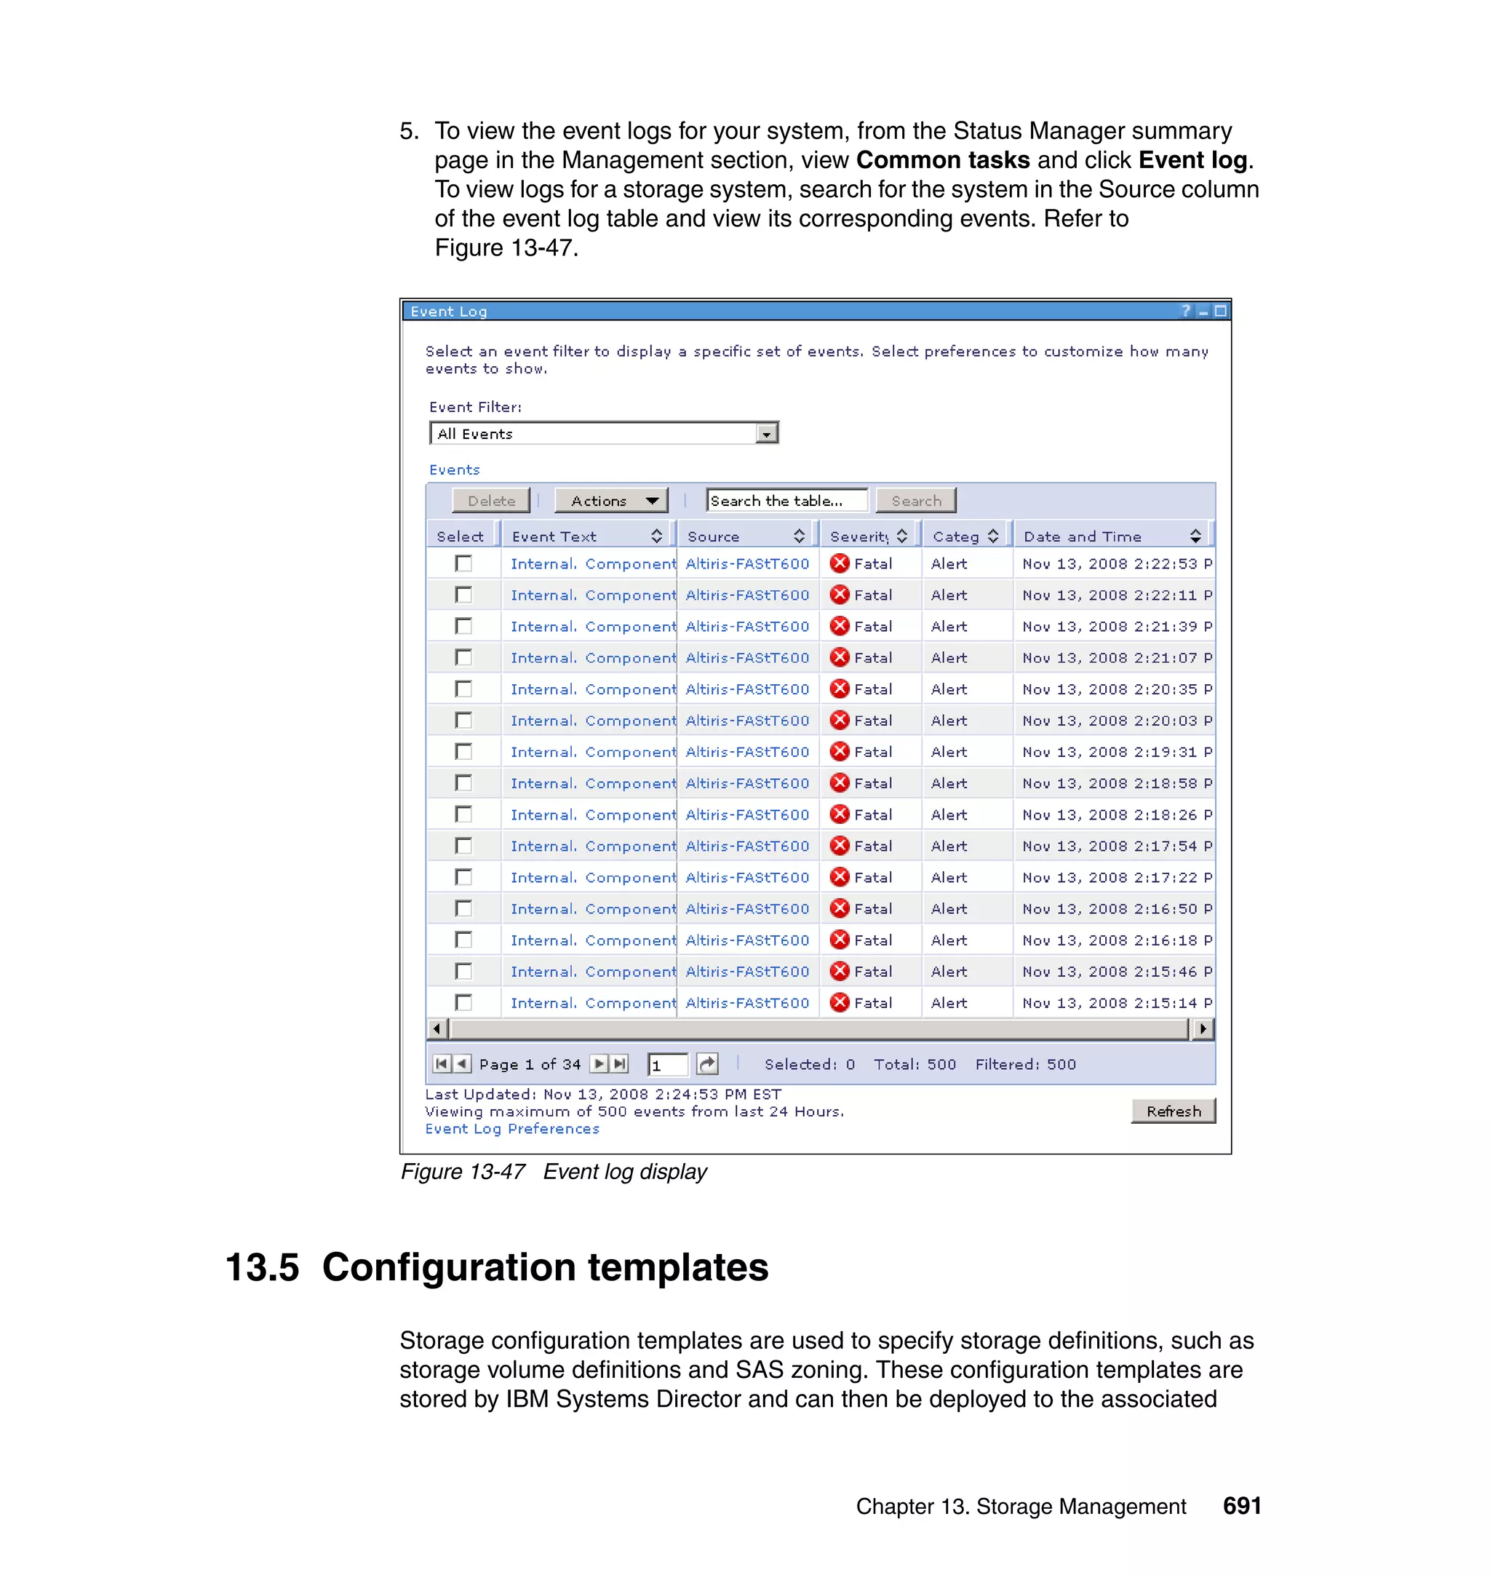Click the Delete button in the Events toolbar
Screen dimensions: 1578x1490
[x=491, y=501]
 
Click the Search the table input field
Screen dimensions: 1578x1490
[x=786, y=501]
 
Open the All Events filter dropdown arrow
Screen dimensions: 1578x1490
[x=766, y=434]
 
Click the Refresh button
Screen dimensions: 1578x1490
[x=1173, y=1111]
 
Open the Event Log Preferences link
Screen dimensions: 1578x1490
[x=511, y=1129]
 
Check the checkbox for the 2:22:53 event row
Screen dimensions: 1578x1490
[x=464, y=563]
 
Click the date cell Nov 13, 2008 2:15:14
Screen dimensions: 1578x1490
[x=1112, y=1003]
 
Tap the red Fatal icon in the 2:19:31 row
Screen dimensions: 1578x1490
[x=840, y=752]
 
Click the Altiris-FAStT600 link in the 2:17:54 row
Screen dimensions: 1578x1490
[x=747, y=847]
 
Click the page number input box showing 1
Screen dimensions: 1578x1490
[x=667, y=1065]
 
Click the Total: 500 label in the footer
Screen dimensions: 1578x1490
[x=915, y=1065]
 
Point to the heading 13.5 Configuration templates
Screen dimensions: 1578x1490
[x=497, y=1267]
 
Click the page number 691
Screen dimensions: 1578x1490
[x=1241, y=1506]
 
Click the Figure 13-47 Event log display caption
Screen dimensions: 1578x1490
[x=554, y=1172]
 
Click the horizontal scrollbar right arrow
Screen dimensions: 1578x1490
[x=1203, y=1029]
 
